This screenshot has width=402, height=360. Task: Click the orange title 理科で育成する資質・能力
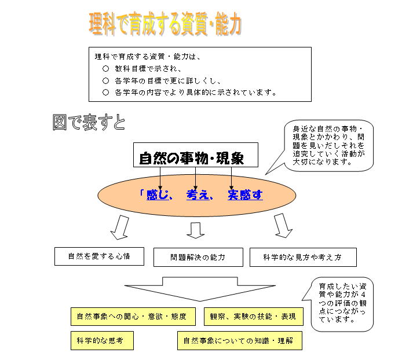165,24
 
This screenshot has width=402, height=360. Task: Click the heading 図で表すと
89,122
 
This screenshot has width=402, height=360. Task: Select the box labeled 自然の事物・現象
196,155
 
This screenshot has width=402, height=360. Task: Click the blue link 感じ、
159,195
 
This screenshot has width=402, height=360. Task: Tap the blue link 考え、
199,195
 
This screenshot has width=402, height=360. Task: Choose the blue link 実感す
245,195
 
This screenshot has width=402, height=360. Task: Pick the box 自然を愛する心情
99,256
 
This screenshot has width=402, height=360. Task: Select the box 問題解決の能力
198,257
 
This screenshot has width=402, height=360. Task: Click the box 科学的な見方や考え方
303,257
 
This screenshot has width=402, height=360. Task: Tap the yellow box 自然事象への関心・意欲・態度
133,317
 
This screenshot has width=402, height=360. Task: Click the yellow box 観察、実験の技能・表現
254,317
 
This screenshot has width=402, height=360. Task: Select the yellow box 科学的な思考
102,340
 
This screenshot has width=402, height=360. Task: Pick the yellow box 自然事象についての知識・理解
240,340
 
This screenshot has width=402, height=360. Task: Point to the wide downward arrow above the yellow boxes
200,289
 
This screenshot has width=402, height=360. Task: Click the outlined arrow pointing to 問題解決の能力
196,230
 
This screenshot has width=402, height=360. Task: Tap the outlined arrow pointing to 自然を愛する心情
120,227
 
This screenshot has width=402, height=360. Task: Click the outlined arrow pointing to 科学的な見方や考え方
283,226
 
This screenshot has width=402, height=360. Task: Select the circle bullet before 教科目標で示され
105,69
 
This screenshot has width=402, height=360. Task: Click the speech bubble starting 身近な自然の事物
328,145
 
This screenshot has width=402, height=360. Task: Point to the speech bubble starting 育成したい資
342,304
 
